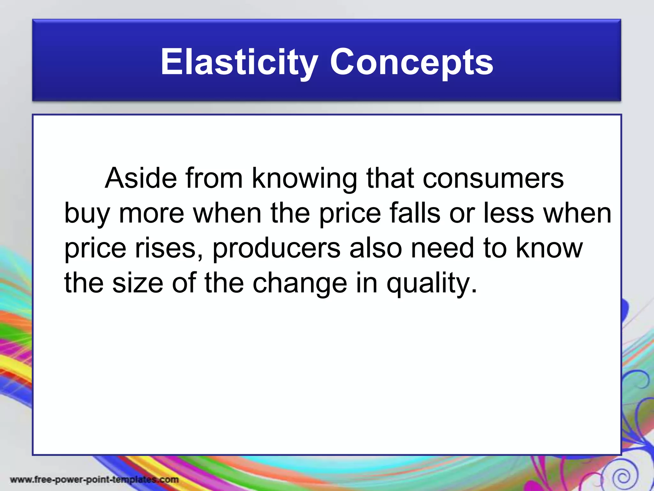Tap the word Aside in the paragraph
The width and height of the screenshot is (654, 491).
(x=141, y=178)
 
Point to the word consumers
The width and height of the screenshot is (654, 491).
(x=493, y=178)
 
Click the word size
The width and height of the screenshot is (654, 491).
(x=138, y=283)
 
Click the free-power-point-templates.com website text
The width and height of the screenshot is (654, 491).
(x=95, y=479)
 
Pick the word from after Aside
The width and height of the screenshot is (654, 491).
(x=214, y=178)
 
